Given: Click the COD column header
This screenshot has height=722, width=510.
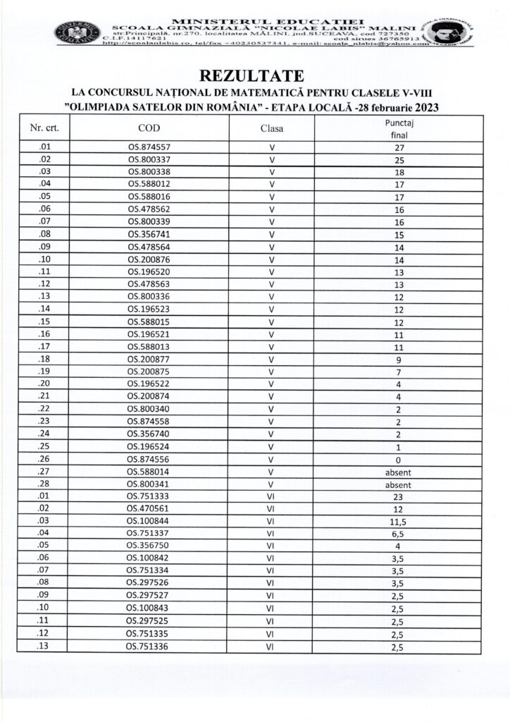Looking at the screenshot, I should pos(149,128).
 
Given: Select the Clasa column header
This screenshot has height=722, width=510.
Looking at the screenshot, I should pos(272,128).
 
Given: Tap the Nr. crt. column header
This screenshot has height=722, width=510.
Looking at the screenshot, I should pos(44,128).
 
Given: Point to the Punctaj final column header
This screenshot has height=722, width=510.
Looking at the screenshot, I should pos(399,128).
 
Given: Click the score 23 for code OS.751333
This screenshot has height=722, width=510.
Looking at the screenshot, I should pos(399,496).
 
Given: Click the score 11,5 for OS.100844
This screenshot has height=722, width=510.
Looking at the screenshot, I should pos(399,520).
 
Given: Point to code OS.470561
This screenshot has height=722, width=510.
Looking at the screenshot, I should pos(149,508).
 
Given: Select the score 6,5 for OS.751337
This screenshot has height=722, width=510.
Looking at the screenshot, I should pos(399,532).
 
